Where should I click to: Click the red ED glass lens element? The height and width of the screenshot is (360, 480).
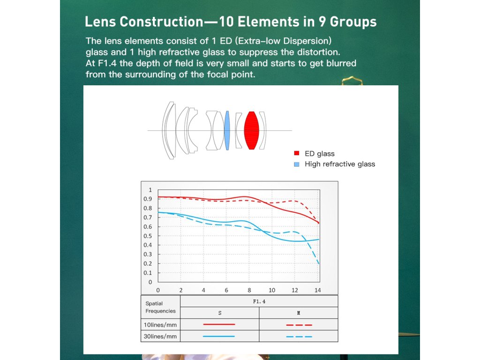click(252, 130)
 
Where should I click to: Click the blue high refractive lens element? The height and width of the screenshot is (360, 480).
click(227, 130)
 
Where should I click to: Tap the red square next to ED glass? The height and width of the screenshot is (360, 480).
click(296, 153)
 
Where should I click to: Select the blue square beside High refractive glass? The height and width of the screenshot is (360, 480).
click(296, 164)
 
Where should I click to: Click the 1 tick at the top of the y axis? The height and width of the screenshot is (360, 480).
click(150, 190)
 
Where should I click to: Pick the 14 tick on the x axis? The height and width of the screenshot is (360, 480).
click(318, 290)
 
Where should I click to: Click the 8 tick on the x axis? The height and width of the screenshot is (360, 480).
click(249, 290)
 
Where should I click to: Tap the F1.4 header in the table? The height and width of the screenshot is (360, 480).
click(259, 301)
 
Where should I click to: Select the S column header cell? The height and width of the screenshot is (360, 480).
click(220, 313)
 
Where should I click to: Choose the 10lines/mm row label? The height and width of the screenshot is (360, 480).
click(160, 324)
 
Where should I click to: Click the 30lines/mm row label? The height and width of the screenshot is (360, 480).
click(160, 336)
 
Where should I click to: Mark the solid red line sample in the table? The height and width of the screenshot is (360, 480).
click(219, 324)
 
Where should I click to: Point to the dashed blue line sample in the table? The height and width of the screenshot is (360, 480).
click(299, 336)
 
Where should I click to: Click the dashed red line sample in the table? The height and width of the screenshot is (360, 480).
click(299, 324)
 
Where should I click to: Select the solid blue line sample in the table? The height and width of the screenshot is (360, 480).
click(219, 336)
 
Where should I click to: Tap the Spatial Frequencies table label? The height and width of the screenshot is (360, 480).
click(160, 307)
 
